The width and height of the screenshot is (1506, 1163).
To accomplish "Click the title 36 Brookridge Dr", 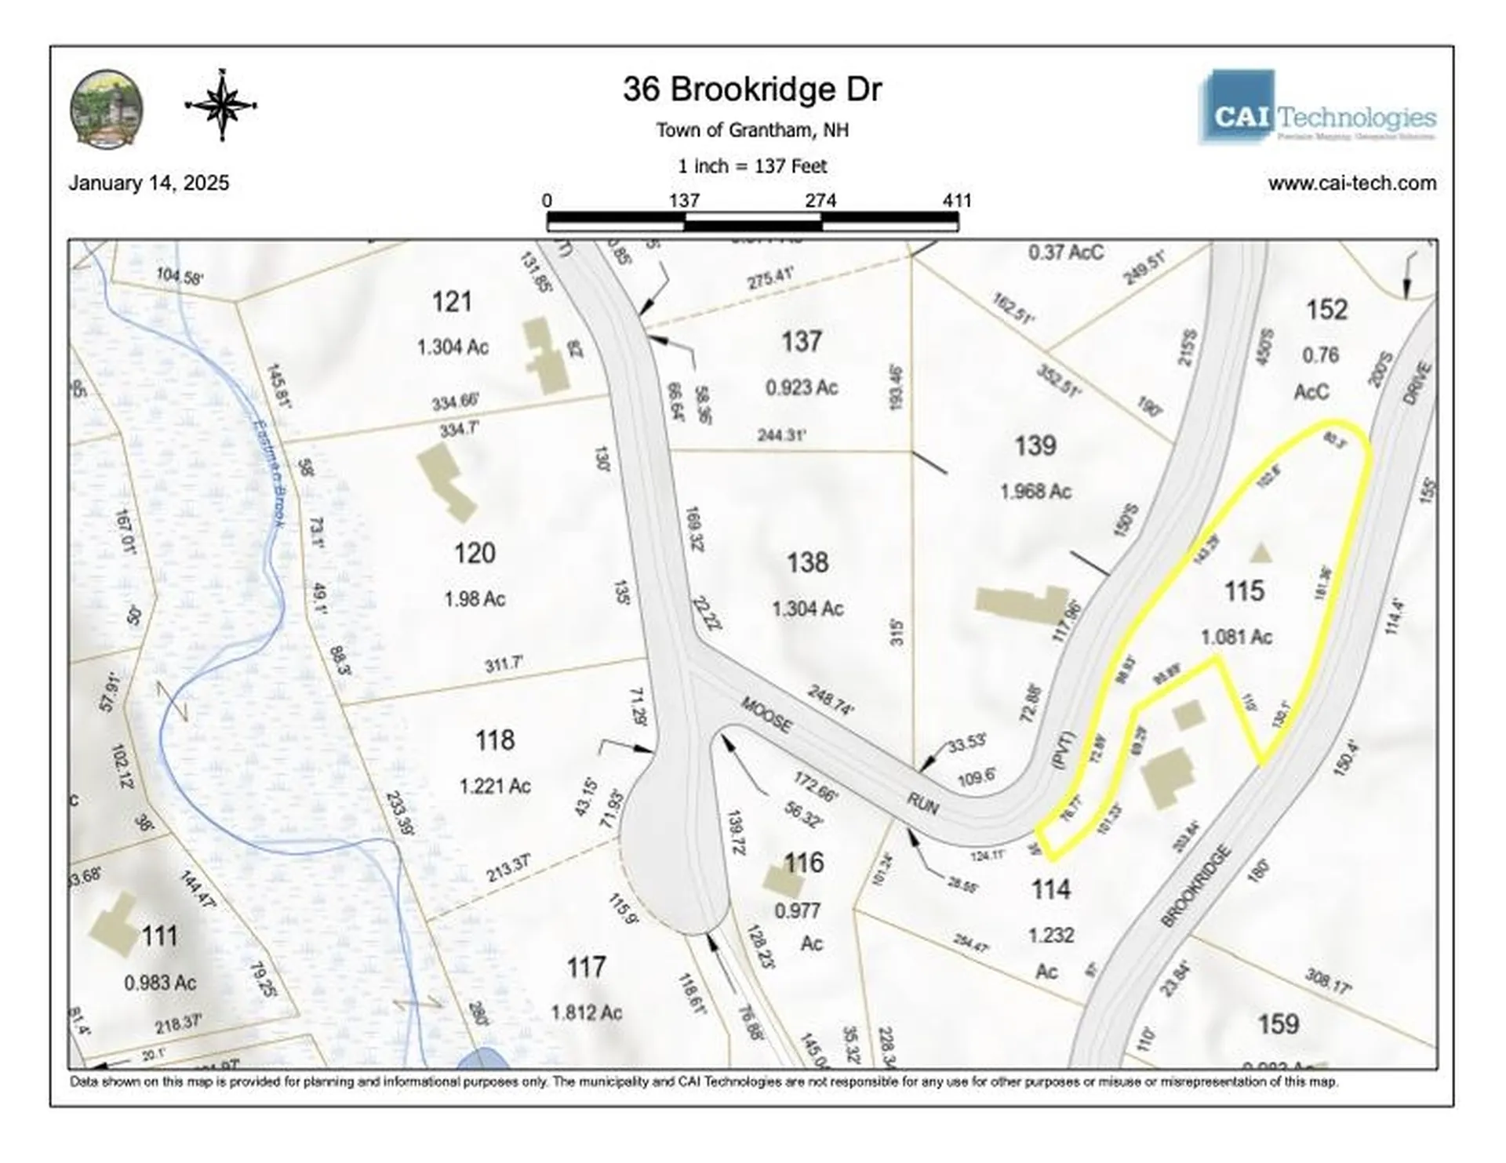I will [751, 89].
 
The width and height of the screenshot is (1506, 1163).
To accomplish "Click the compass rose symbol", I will [221, 105].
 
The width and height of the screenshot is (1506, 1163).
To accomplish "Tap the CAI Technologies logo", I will [1317, 107].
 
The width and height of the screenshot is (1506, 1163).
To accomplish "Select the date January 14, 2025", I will [149, 183].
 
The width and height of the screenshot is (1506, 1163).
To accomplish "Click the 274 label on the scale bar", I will [820, 200].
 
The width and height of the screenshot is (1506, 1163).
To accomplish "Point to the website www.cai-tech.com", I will [1351, 183].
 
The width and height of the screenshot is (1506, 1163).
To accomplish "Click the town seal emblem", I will [107, 107].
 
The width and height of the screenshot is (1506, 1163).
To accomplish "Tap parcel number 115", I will [1244, 591].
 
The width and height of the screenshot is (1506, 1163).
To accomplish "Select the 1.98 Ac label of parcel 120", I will [475, 599].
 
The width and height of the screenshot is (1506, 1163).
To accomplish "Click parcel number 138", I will [807, 562].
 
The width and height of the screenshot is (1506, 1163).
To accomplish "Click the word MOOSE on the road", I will [766, 714].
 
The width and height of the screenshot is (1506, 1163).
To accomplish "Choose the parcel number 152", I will [1326, 310].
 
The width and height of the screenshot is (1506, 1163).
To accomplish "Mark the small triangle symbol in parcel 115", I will [1260, 554].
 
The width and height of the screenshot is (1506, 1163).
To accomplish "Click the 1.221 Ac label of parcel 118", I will [495, 786].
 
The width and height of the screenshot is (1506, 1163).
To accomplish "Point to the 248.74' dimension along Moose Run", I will [830, 700].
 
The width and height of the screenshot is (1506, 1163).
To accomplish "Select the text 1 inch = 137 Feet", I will [751, 166].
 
